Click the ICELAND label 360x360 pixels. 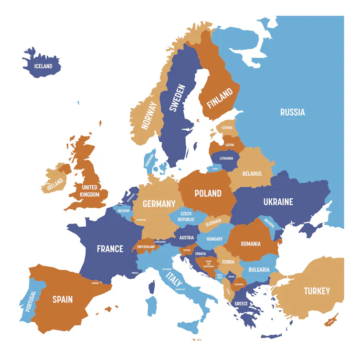(43, 66)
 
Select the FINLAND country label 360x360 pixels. (220, 98)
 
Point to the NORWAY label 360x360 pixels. (149, 116)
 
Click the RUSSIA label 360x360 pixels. (292, 112)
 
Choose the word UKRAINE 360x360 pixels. (278, 201)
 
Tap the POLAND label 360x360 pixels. (208, 193)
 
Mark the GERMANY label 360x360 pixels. (159, 204)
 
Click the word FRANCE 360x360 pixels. (110, 249)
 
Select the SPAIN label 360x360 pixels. (63, 299)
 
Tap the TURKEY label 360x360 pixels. (317, 291)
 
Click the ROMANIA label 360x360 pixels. (251, 244)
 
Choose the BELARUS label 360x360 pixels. (252, 174)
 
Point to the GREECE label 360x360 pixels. (241, 304)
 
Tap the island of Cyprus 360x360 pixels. (331, 320)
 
